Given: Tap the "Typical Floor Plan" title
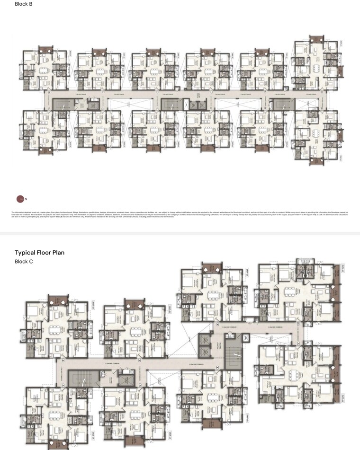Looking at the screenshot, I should pos(39,253).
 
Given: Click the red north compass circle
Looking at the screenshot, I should pos(20,199).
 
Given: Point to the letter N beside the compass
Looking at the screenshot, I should pos(26,199).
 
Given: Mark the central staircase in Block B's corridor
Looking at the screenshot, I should pos(169,105).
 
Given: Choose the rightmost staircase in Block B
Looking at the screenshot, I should pos(279,105).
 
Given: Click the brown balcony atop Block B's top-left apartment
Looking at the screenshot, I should pos(45,49).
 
